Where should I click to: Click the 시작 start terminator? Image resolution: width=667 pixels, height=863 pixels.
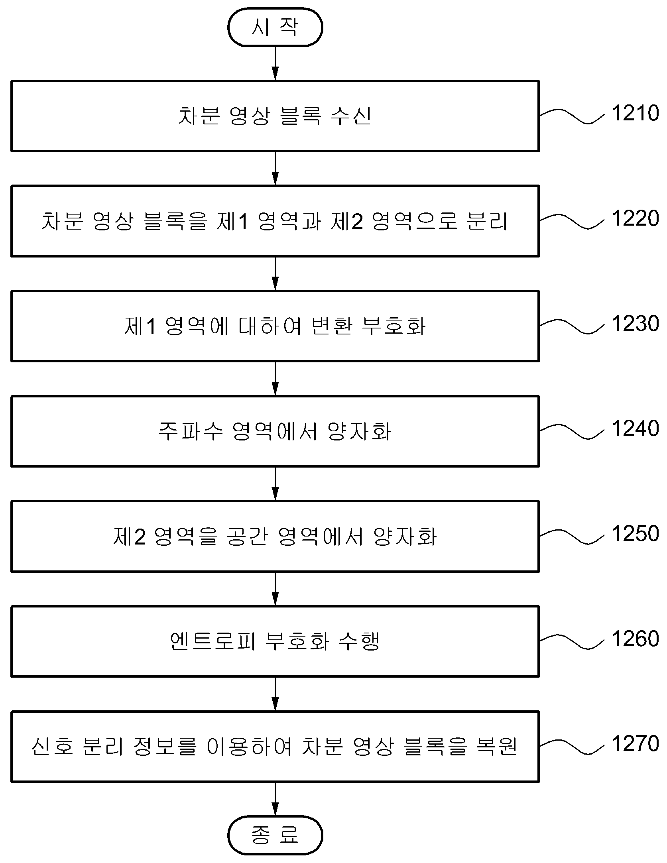275,27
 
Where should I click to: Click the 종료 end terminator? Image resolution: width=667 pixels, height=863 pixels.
275,835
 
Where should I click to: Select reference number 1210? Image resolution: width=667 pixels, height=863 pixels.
635,113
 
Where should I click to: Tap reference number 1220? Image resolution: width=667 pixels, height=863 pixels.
635,218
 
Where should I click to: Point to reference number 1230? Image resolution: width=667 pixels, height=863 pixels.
635,323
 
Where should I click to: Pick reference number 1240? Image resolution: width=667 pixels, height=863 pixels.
635,429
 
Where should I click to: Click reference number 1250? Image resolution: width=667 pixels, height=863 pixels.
635,534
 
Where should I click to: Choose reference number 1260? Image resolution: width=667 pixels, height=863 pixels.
635,639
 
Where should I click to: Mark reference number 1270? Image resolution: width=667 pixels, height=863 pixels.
635,744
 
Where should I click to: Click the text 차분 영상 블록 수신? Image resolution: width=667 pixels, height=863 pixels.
275,116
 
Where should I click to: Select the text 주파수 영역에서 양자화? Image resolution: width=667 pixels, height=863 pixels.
275,431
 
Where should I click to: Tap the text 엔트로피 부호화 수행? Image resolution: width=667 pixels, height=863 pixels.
275,641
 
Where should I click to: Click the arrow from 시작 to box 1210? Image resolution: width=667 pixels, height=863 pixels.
275,63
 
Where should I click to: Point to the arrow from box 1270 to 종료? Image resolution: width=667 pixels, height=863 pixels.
275,799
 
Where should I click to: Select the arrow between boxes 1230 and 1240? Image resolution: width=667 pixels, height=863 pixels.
275,379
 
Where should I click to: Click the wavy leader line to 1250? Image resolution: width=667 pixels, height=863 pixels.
572,537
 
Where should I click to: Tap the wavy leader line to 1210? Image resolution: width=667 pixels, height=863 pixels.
572,116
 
